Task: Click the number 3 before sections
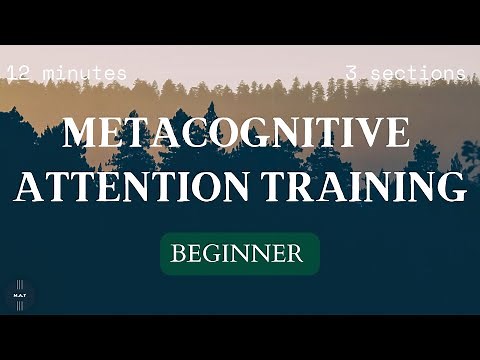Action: (x=352, y=73)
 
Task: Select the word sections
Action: (x=419, y=73)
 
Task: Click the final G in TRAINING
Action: (x=451, y=188)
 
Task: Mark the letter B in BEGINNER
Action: (x=178, y=254)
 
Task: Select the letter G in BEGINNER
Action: (x=212, y=254)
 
